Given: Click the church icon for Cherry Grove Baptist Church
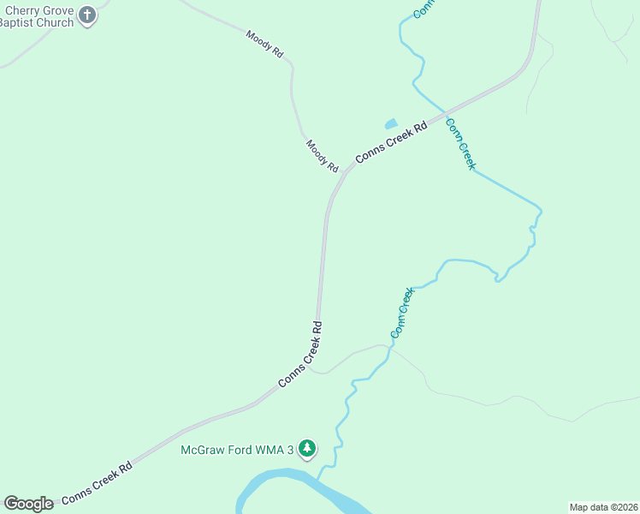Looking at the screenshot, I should click(x=87, y=15).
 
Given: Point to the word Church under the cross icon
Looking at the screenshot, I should click(x=53, y=23).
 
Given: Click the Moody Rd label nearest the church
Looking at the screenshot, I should click(x=264, y=44).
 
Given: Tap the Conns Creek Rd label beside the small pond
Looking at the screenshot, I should click(x=391, y=142).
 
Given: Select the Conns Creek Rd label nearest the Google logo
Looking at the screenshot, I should click(x=97, y=481).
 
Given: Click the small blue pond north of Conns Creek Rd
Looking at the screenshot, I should click(x=392, y=124).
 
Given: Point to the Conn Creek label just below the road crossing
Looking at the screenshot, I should click(x=459, y=143).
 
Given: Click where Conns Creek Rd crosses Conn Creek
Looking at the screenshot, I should click(x=444, y=112).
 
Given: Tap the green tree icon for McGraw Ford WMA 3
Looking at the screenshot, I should click(x=307, y=448).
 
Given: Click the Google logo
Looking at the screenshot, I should click(x=28, y=504).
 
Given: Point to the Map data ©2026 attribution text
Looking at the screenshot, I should click(x=603, y=507).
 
